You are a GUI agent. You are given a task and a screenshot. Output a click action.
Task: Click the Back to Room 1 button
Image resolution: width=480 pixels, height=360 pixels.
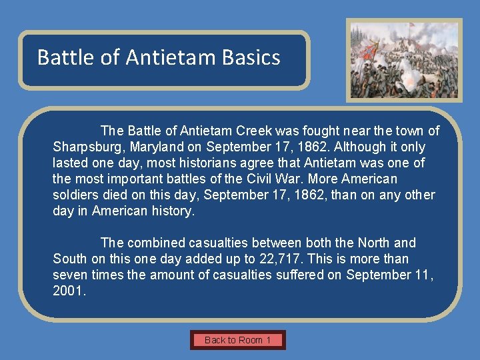coord(238,340)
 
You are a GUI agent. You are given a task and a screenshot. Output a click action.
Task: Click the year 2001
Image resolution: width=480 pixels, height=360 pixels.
coord(69,291)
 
